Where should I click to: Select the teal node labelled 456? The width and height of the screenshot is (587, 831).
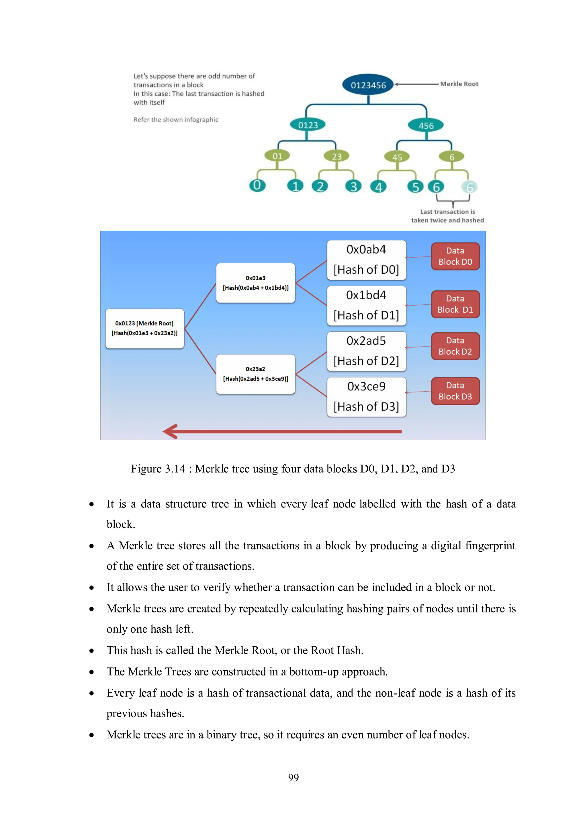coord(426,126)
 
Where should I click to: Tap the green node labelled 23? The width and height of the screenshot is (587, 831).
coord(336,156)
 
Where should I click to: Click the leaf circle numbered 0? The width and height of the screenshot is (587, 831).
coord(257,185)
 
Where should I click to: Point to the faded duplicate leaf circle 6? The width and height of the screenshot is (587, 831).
coord(469,187)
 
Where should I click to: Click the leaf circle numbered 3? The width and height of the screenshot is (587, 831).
coord(353,186)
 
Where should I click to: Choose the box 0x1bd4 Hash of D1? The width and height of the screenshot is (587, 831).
coord(366,305)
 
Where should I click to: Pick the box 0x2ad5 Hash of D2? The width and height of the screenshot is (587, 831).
coord(366,351)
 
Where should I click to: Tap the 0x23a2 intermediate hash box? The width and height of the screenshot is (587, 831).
coord(255,374)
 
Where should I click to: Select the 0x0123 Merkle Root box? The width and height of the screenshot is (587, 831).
coord(145,328)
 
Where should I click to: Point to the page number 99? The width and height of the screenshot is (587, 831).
coord(293,777)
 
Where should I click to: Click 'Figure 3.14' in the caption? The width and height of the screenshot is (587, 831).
coord(158,469)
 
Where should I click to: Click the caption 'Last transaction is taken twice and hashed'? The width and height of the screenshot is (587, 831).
coord(447,216)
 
